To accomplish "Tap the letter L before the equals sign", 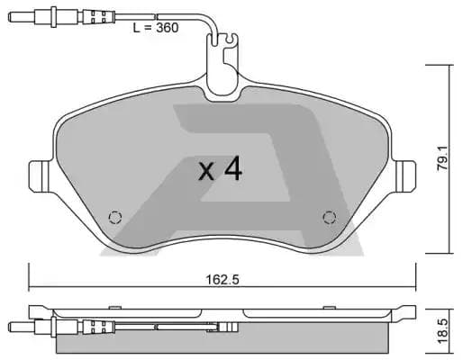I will pos(136,28).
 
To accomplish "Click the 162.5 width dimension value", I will pos(222,280).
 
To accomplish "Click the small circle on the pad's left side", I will pos(114,216).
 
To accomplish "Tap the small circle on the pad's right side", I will pos(330,216).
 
